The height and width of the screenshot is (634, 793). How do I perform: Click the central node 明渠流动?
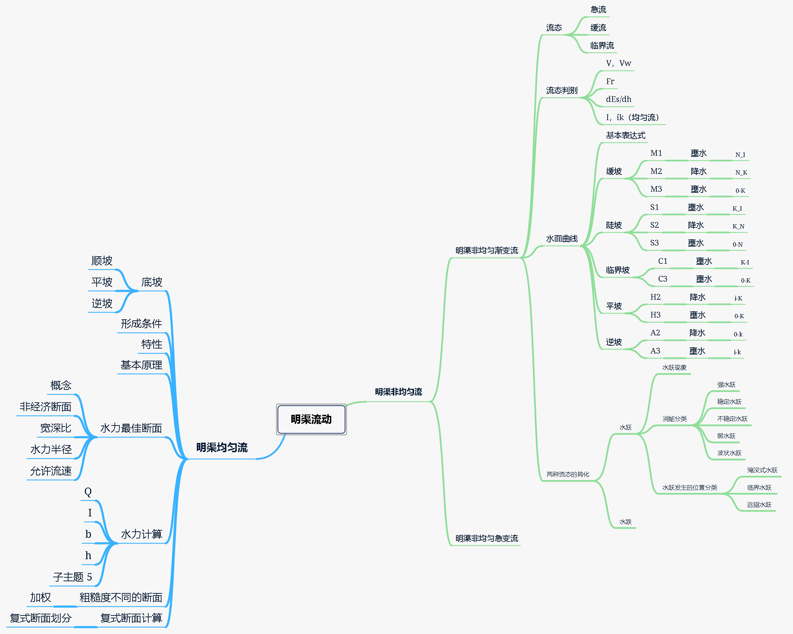(x=311, y=419)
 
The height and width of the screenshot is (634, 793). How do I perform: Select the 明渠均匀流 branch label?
(x=222, y=448)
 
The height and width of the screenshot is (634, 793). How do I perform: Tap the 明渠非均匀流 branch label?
(x=398, y=392)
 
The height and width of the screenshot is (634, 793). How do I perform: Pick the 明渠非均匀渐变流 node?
(x=487, y=251)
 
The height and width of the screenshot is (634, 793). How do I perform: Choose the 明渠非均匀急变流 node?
(x=487, y=538)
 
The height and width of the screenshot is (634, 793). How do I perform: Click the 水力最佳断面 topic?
(x=131, y=428)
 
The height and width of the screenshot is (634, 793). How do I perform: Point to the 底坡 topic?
(x=152, y=282)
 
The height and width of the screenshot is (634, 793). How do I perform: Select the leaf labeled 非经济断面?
(x=45, y=407)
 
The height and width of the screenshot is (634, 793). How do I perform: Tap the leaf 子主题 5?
(x=72, y=577)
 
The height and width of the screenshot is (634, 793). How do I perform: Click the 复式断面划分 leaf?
(x=40, y=618)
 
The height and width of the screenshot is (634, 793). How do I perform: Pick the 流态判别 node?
(x=562, y=91)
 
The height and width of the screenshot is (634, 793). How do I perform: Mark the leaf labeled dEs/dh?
(x=619, y=99)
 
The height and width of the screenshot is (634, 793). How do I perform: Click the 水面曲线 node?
(x=562, y=239)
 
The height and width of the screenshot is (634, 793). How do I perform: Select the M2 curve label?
(x=656, y=171)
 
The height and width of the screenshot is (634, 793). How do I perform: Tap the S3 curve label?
(x=654, y=243)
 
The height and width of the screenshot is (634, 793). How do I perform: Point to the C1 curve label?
(x=662, y=261)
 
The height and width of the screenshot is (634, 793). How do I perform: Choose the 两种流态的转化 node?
(x=568, y=474)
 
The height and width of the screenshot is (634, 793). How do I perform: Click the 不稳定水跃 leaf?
(x=732, y=419)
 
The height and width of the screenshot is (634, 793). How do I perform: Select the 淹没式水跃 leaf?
(x=762, y=470)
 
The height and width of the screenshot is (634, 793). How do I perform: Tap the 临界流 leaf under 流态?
(x=602, y=46)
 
